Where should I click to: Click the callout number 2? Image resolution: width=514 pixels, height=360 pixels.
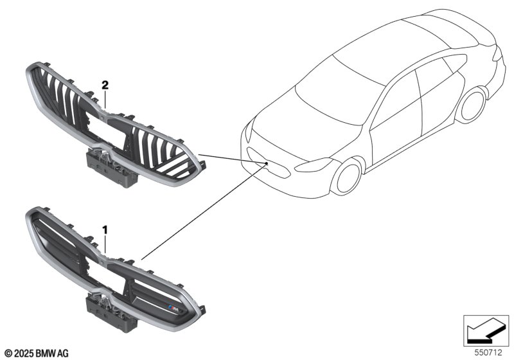tap(105, 85)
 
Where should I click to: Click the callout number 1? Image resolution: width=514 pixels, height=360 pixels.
tap(105, 230)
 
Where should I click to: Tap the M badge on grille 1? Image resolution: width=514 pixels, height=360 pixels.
tap(173, 307)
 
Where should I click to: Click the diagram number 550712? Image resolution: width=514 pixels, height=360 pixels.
tap(488, 353)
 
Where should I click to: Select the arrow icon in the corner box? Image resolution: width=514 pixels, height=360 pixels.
tap(486, 331)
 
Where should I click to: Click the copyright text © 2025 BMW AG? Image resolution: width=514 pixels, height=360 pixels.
tap(37, 354)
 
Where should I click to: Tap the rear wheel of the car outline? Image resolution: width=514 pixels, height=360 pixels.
tap(474, 105)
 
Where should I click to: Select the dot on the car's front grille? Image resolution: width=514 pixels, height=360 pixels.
tap(267, 163)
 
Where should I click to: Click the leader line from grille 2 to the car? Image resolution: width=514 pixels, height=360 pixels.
tap(233, 158)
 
